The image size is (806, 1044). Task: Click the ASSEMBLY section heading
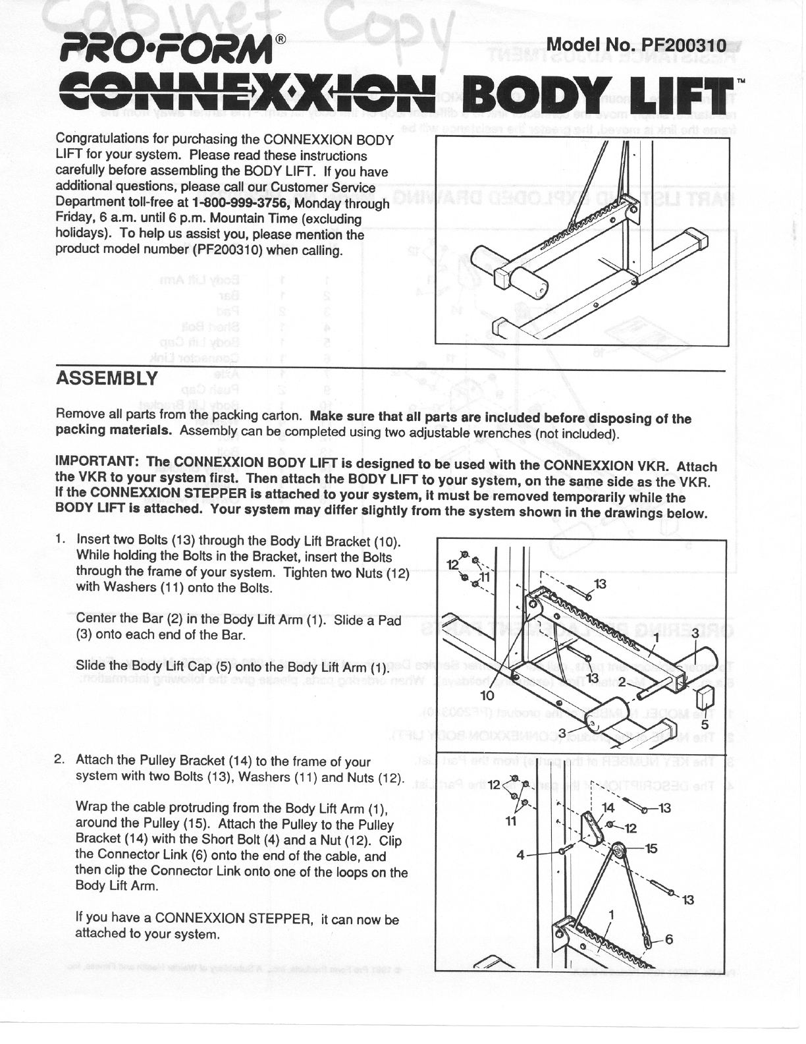107,379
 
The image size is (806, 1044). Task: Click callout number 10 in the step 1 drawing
488,696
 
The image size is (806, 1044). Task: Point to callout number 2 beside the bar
620,680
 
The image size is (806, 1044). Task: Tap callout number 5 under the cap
705,725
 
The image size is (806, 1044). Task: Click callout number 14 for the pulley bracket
607,807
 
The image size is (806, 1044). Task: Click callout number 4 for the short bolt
522,856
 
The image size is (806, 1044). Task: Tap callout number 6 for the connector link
669,939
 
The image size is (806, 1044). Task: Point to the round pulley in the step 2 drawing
618,852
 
